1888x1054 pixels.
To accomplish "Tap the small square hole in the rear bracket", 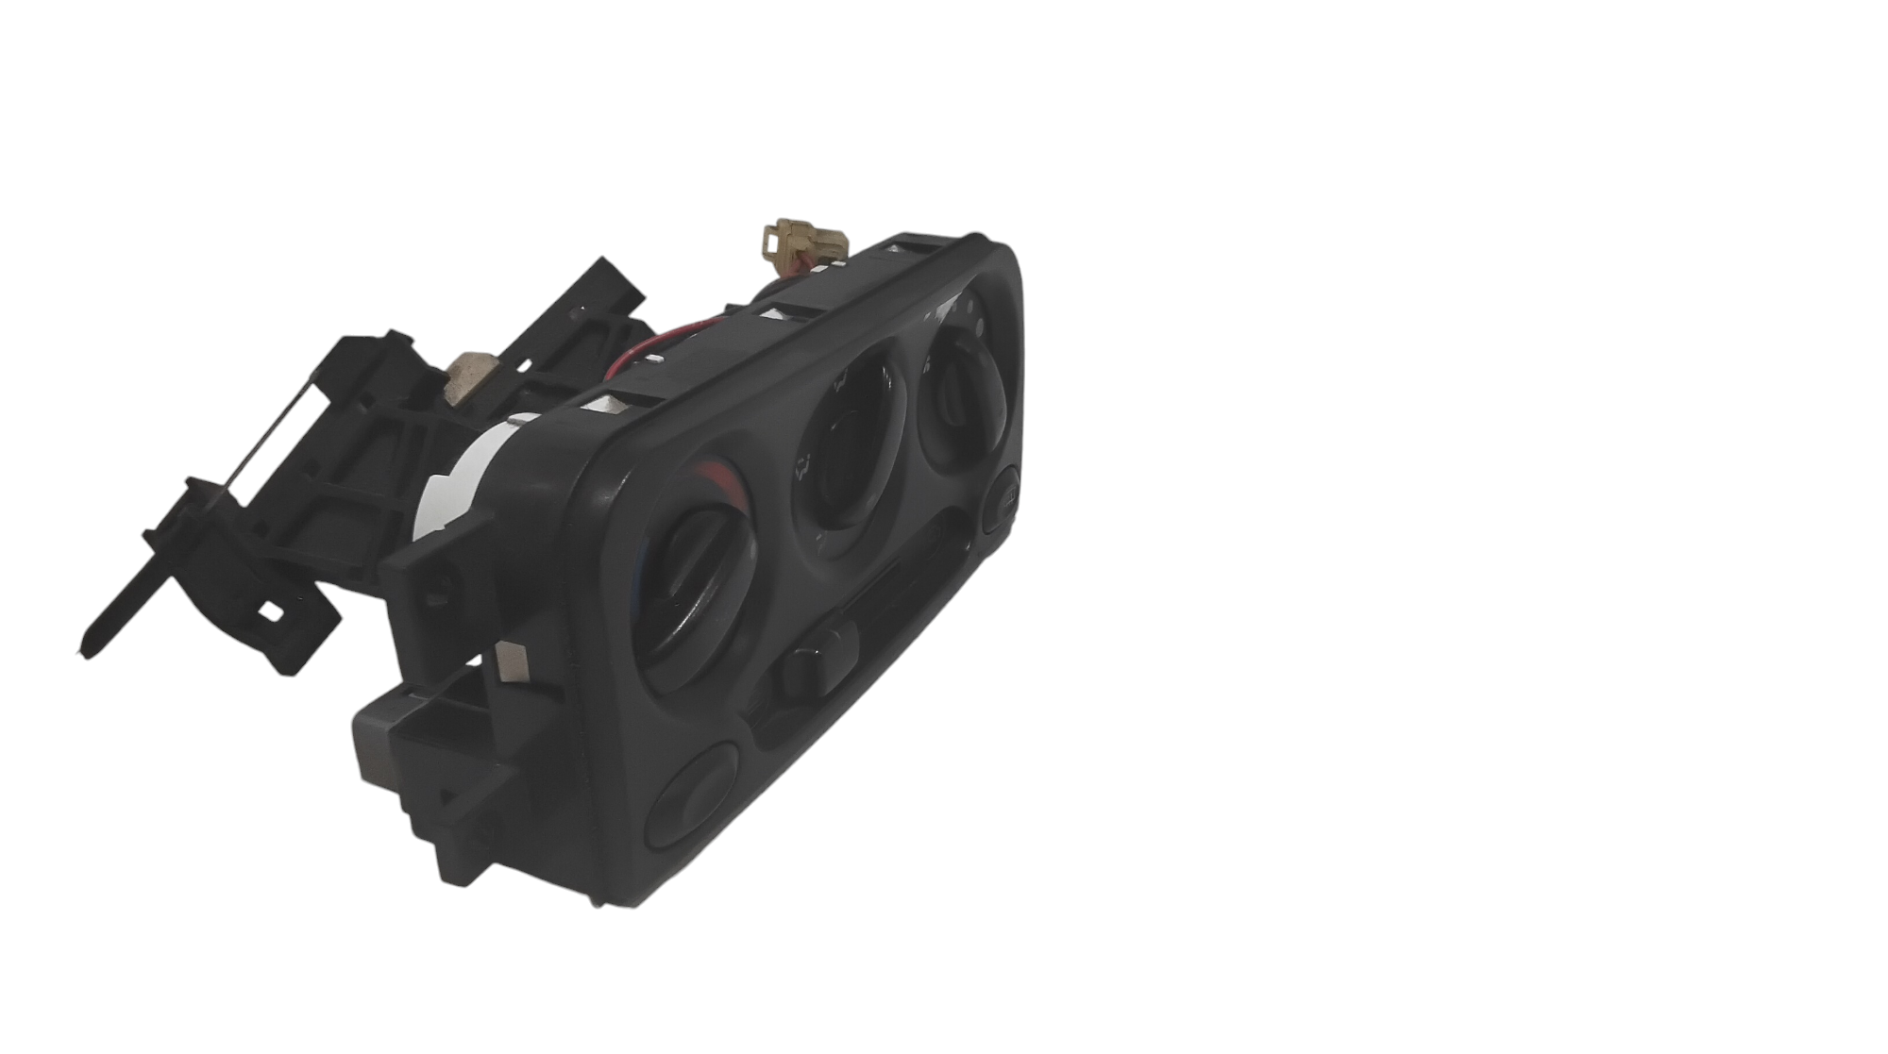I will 274,611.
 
